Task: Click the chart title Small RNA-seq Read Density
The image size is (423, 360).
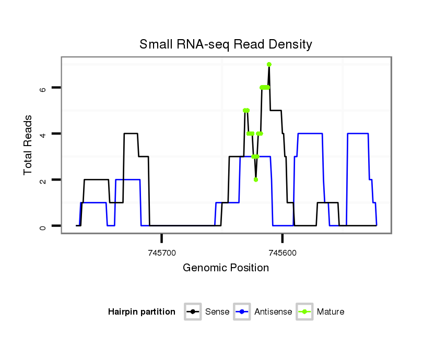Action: (x=226, y=44)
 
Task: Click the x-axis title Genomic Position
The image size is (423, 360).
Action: (x=226, y=268)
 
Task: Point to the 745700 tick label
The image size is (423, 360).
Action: (x=161, y=253)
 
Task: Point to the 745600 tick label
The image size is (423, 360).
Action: (x=282, y=253)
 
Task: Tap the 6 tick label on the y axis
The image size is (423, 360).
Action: (x=43, y=88)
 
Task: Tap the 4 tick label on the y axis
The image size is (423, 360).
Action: (x=43, y=134)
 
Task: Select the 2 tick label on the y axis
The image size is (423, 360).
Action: (x=43, y=180)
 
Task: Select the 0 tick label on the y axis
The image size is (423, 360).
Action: (x=43, y=226)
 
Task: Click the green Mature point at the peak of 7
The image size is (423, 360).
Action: (x=269, y=64)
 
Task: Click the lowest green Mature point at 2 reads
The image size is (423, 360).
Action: (x=255, y=179)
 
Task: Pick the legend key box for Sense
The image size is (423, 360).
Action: (x=193, y=312)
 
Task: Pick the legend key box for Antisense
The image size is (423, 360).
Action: (x=242, y=312)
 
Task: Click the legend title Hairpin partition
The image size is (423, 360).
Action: (x=142, y=312)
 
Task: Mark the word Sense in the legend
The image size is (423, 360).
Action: (x=217, y=312)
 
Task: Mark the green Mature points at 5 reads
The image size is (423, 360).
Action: (x=246, y=110)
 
